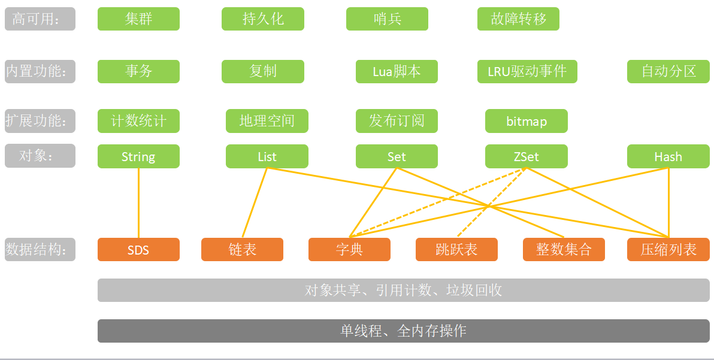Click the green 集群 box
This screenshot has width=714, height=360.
point(138,19)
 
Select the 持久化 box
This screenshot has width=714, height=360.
point(263,19)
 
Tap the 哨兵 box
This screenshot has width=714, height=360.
point(387,19)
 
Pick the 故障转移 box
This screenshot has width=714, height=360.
point(518,19)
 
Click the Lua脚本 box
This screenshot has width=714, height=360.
point(397,71)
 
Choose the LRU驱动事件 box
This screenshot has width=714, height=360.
point(527,71)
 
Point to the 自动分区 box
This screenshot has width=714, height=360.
point(668,71)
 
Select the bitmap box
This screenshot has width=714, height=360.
point(527,121)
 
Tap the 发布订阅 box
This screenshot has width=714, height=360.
point(397,121)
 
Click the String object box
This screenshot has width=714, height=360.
point(138,156)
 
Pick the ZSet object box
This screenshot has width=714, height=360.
point(527,156)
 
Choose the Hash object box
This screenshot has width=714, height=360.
point(668,156)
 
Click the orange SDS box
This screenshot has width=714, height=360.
point(138,250)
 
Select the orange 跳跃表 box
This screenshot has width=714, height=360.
point(456,250)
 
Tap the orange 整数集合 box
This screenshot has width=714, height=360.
point(564,250)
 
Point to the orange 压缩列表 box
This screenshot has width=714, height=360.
point(668,250)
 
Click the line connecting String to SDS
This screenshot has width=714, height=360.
point(138,204)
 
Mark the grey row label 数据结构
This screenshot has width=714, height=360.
point(40,249)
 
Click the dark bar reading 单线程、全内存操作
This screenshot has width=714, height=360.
point(403,331)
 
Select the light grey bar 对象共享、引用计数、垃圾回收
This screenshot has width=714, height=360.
point(403,291)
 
